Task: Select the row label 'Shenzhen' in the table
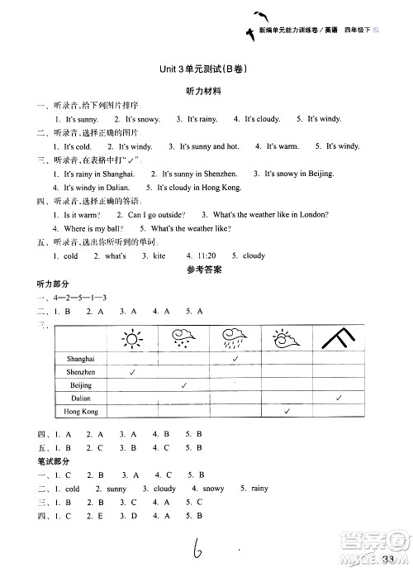(x=81, y=372)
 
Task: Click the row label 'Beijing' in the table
(x=81, y=385)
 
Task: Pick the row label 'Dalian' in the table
(x=81, y=399)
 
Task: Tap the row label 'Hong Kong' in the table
(x=81, y=412)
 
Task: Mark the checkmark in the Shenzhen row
(x=132, y=373)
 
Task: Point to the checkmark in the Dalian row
(x=339, y=399)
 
